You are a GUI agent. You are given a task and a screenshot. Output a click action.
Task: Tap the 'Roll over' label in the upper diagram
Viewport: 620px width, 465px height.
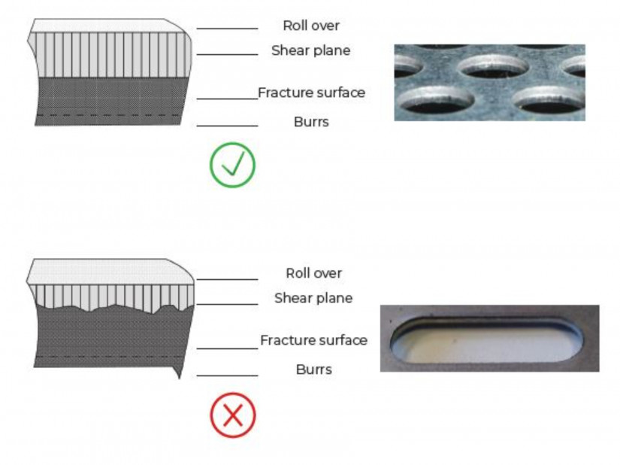[x=311, y=26]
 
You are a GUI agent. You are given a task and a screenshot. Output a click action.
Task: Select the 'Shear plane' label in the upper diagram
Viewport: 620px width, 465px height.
[x=311, y=50]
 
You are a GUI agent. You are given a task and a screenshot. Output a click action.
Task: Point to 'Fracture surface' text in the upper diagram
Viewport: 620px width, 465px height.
[x=312, y=93]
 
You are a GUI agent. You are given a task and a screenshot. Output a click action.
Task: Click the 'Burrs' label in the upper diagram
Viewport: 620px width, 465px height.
[x=311, y=122]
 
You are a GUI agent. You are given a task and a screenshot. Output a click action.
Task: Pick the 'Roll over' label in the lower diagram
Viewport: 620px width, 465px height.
[x=313, y=273]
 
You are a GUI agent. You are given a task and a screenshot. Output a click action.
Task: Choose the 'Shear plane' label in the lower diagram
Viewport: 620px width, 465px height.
[x=313, y=298]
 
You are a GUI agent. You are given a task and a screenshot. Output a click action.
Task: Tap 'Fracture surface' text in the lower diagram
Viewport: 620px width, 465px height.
[x=314, y=340]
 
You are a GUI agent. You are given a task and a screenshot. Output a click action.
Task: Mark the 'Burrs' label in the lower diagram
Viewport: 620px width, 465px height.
[x=314, y=369]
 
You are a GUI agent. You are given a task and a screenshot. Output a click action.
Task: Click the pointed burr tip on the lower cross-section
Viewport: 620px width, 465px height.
[x=180, y=378]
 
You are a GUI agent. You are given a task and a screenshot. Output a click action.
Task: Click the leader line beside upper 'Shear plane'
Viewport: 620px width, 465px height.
[x=228, y=54]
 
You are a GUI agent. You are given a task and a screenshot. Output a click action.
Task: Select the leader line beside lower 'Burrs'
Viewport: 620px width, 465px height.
[x=228, y=375]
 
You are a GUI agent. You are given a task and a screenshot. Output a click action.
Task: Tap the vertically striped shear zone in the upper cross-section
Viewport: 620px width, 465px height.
[x=110, y=55]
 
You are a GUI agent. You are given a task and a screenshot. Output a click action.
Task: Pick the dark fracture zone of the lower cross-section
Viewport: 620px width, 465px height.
[x=113, y=336]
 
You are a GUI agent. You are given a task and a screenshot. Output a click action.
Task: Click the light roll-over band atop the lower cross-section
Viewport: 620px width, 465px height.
[x=110, y=272]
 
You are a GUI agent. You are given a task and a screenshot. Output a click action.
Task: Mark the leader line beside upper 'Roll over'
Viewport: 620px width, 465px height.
[x=228, y=29]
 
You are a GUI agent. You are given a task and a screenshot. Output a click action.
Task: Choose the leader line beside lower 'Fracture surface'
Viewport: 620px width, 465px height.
[x=228, y=348]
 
